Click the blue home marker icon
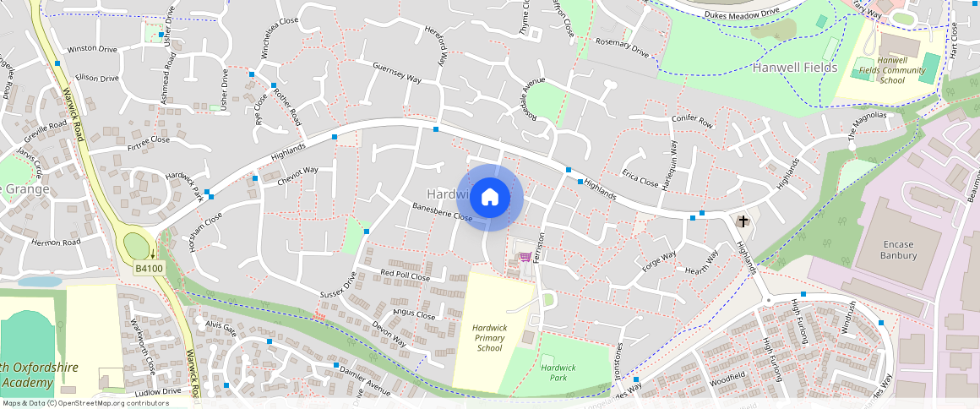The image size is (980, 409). (x=490, y=198)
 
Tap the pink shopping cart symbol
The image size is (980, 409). (x=525, y=257)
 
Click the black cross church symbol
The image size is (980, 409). (x=743, y=222)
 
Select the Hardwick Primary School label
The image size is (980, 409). (x=489, y=337)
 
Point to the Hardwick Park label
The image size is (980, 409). (x=558, y=373)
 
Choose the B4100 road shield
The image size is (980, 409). (x=149, y=268)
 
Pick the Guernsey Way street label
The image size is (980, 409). (x=397, y=72)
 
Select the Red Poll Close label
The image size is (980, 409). (x=406, y=275)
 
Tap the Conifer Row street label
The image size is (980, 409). (x=692, y=122)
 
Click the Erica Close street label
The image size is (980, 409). (x=640, y=180)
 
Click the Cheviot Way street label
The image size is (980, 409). (x=298, y=175)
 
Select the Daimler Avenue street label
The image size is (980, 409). (x=364, y=382)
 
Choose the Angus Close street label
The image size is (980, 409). (x=414, y=315)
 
